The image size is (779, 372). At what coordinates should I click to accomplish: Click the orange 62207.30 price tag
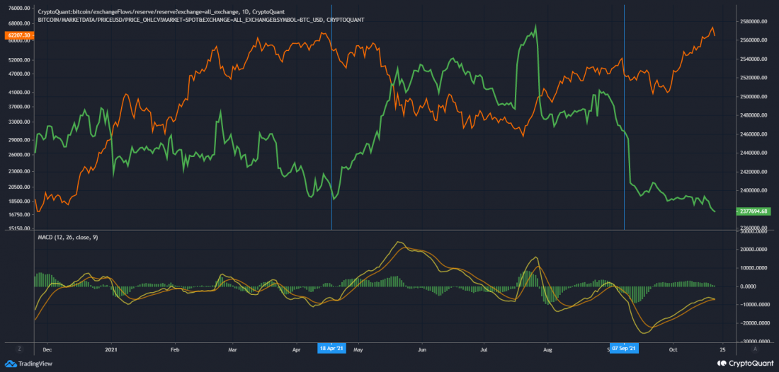pyautogui.click(x=18, y=35)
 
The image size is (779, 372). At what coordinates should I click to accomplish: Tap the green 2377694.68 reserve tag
pyautogui.click(x=753, y=211)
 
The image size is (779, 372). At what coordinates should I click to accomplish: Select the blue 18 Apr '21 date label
pyautogui.click(x=331, y=349)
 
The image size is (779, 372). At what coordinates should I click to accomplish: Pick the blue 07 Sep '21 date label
pyautogui.click(x=624, y=349)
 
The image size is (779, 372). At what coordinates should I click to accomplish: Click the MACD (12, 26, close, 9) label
pyautogui.click(x=68, y=238)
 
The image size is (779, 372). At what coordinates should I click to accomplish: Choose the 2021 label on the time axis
pyautogui.click(x=111, y=349)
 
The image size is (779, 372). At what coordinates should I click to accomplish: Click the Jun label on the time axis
pyautogui.click(x=422, y=349)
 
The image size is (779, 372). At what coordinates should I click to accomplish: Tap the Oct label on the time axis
pyautogui.click(x=673, y=349)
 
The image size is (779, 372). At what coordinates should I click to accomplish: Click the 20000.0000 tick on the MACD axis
pyautogui.click(x=754, y=250)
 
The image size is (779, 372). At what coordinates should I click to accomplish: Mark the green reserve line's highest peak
pyautogui.click(x=535, y=25)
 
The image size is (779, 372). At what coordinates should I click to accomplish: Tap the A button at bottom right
pyautogui.click(x=755, y=349)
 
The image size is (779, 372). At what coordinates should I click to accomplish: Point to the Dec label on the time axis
pyautogui.click(x=47, y=349)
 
